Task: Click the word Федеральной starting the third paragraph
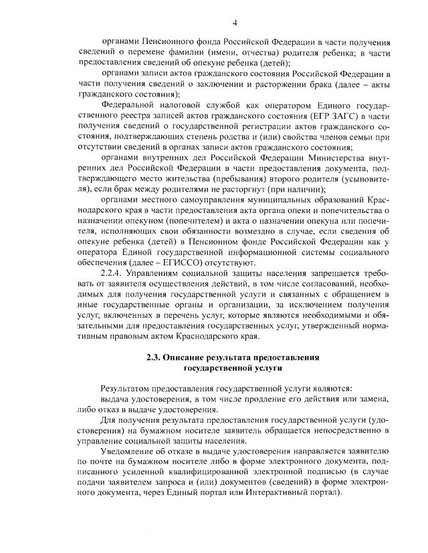[x=130, y=105]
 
